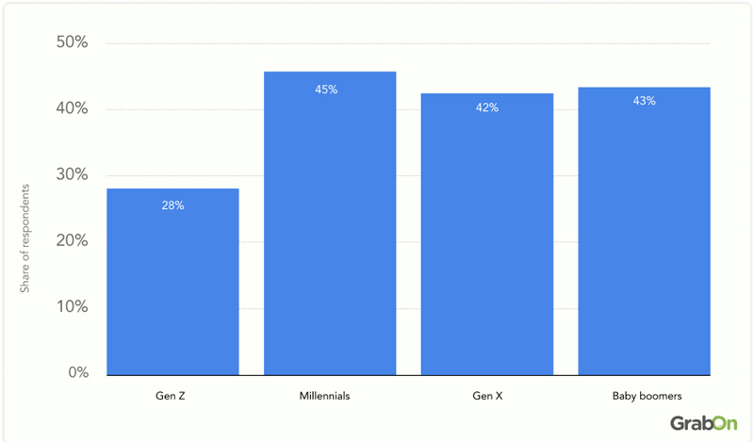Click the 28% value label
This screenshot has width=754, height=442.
tap(172, 205)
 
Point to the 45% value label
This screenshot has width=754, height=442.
tap(326, 90)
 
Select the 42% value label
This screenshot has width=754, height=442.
tap(486, 107)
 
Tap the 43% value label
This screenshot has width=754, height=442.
tap(644, 101)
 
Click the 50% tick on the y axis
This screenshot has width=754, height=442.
tap(73, 43)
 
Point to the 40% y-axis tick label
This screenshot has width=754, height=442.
tap(73, 109)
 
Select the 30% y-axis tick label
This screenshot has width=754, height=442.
tap(73, 175)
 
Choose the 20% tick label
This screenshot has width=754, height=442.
tap(73, 241)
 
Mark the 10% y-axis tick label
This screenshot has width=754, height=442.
tap(73, 307)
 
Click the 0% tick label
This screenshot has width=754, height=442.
tap(76, 373)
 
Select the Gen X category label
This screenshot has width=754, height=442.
tap(486, 397)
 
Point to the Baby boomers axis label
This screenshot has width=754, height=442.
tap(644, 397)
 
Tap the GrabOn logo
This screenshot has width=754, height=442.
tap(703, 423)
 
